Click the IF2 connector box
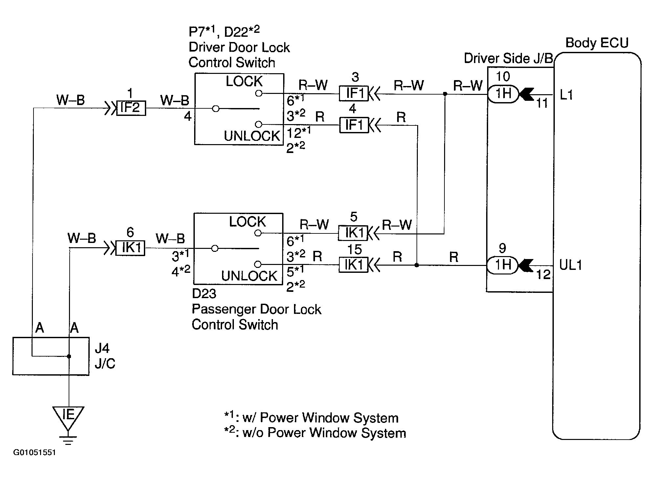click(131, 108)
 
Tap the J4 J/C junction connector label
click(105, 356)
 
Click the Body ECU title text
click(597, 43)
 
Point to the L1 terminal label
click(567, 95)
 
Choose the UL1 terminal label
click(571, 265)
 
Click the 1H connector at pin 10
click(503, 94)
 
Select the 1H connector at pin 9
click(502, 265)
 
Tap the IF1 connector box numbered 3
click(354, 94)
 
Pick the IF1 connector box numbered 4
click(354, 125)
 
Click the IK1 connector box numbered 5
click(353, 233)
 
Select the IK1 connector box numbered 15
click(353, 265)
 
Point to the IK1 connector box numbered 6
click(131, 248)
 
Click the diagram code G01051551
click(34, 452)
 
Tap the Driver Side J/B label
click(508, 58)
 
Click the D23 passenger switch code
click(204, 294)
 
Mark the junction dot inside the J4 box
click(69, 356)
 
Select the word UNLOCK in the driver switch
click(252, 136)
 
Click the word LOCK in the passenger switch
click(247, 222)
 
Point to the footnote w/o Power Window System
click(315, 433)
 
